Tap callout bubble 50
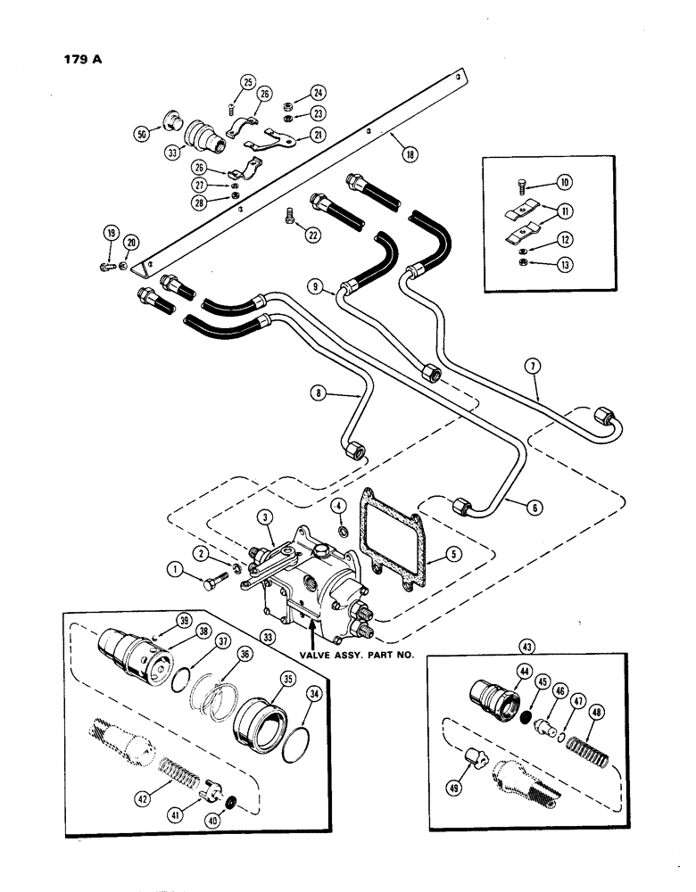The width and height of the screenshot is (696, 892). pos(140,133)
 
